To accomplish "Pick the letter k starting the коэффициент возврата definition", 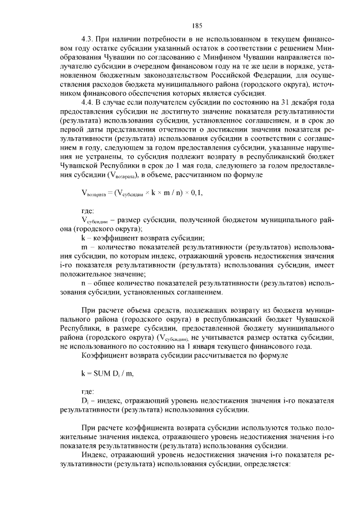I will click(x=83, y=237).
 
